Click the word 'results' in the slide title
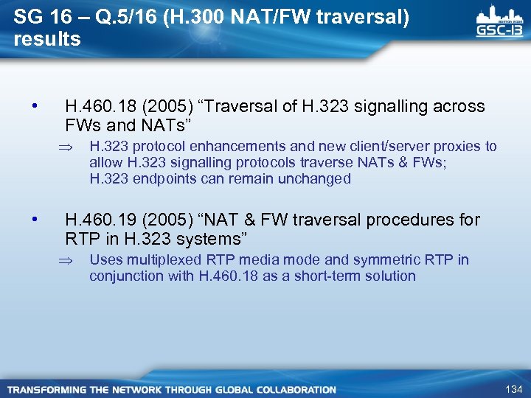[x=47, y=39]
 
